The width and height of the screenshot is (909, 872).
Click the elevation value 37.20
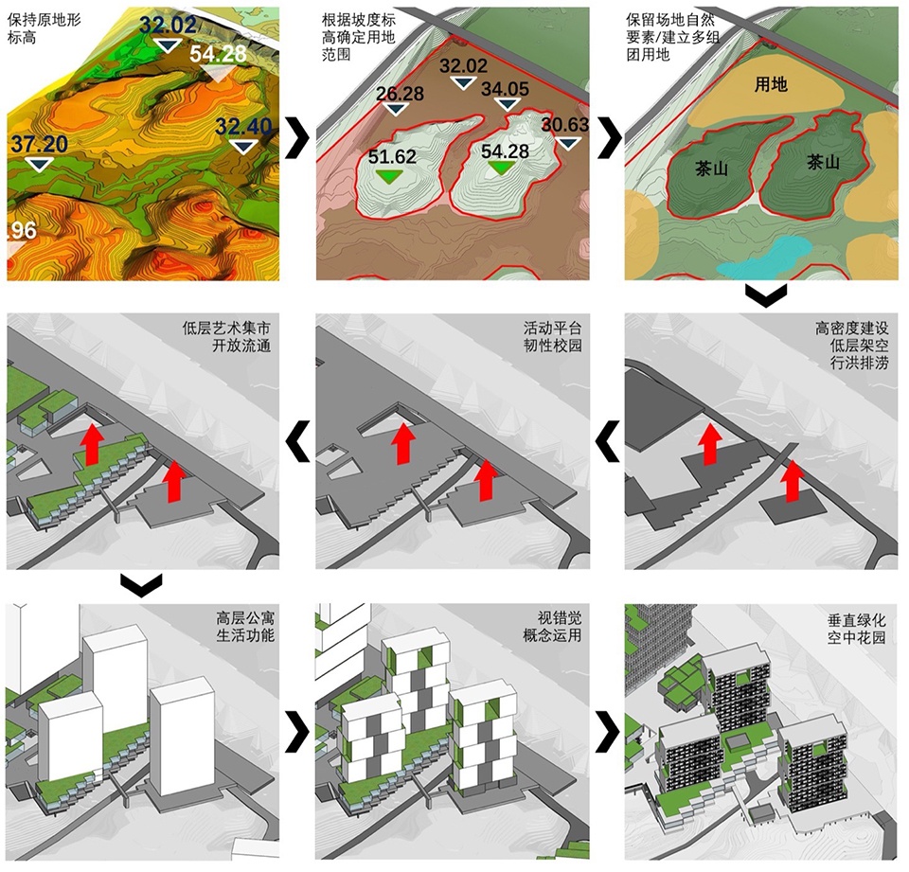click(x=39, y=144)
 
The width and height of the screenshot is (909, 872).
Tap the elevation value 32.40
click(x=243, y=126)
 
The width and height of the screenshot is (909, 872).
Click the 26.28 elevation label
click(x=400, y=94)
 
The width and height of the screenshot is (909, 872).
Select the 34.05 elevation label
click(x=505, y=89)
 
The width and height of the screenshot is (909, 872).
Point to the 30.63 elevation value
click(x=565, y=125)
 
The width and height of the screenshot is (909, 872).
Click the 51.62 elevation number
click(x=392, y=156)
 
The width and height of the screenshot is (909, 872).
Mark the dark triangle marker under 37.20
click(x=39, y=164)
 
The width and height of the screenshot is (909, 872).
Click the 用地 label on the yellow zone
click(x=771, y=84)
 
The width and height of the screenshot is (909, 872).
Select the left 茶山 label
click(x=711, y=169)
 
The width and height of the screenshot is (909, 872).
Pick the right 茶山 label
click(x=823, y=162)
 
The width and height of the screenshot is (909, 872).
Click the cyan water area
click(x=762, y=256)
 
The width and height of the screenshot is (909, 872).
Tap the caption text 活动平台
click(x=552, y=329)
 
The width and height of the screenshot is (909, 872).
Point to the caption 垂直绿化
click(x=857, y=620)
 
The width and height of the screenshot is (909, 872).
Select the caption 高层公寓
click(x=245, y=617)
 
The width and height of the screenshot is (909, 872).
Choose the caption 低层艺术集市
click(x=226, y=329)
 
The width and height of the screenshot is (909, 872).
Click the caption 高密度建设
click(x=851, y=329)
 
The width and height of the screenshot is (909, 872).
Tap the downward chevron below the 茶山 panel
click(x=766, y=295)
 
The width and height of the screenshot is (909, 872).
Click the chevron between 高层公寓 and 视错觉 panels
click(x=298, y=733)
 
